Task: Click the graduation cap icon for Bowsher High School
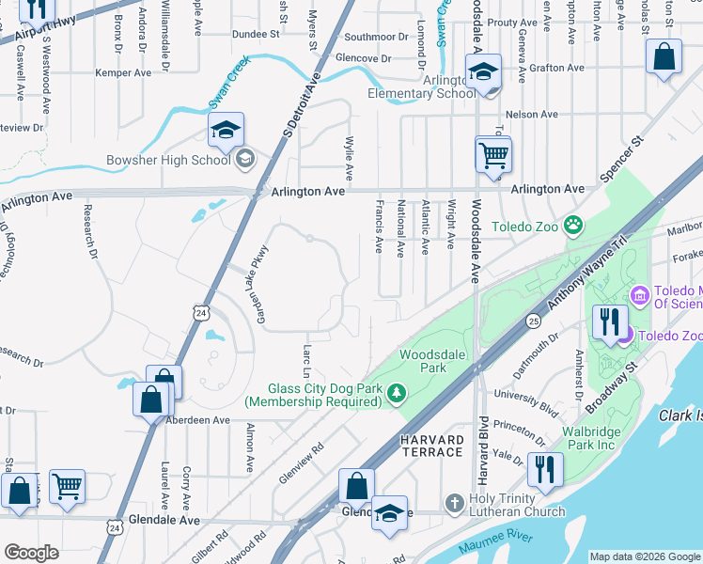tap(227, 131)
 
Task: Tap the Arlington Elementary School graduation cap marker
tap(483, 71)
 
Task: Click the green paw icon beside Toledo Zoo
tap(572, 225)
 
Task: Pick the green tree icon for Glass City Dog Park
tap(398, 391)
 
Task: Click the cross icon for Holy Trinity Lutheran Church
tap(454, 503)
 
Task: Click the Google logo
tap(31, 553)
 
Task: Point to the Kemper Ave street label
tap(130, 72)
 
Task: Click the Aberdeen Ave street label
tap(197, 420)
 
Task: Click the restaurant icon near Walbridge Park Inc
tap(544, 468)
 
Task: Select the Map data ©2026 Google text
tap(644, 556)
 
